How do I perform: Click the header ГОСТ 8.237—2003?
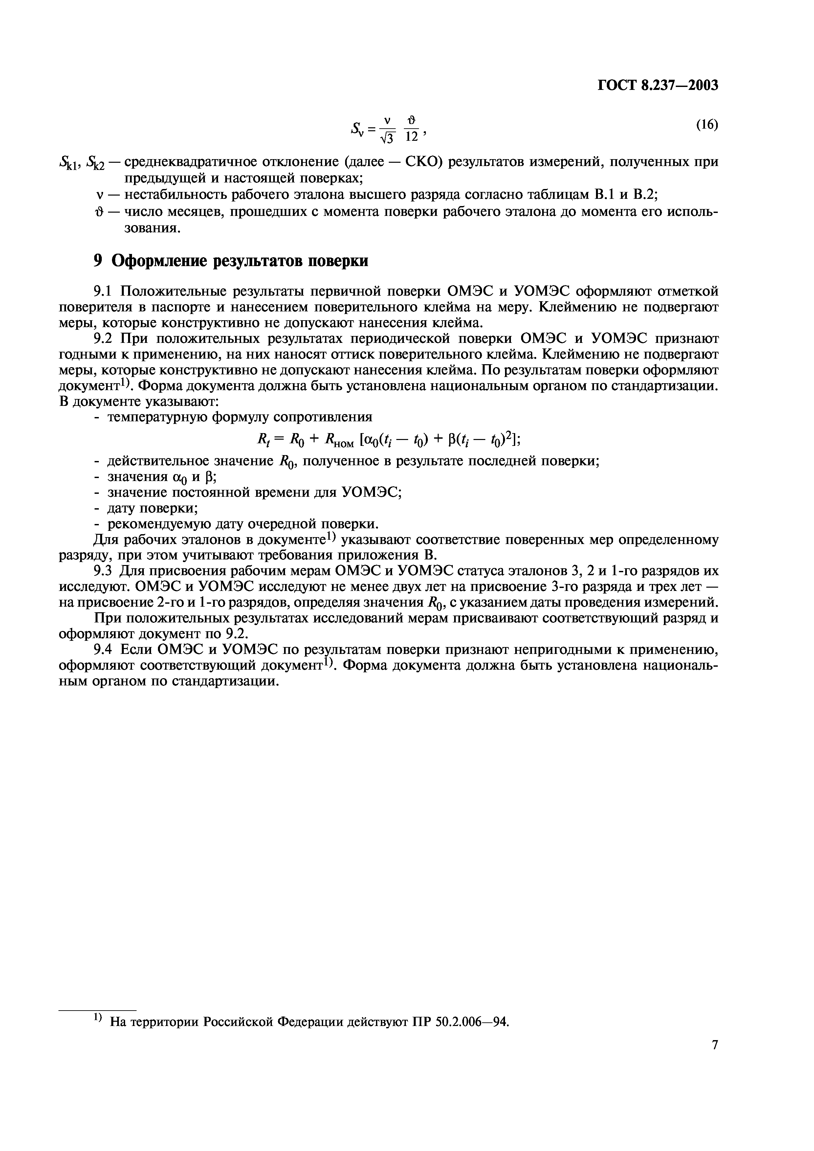657,86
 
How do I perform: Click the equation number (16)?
707,125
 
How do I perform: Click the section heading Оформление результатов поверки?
239,261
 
